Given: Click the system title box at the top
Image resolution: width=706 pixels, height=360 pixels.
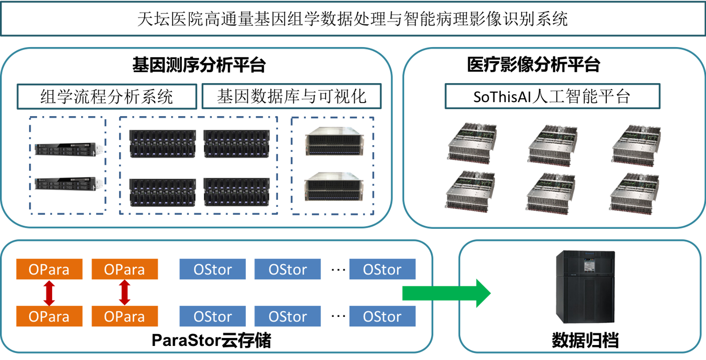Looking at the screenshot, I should (352, 20).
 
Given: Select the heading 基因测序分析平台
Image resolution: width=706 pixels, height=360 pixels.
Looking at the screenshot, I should (199, 65).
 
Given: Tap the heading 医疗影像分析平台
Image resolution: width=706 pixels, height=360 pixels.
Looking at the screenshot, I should (533, 65).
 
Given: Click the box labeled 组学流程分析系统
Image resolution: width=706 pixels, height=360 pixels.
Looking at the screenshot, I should (107, 96).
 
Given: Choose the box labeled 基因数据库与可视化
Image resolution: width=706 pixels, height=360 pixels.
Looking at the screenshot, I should (291, 96).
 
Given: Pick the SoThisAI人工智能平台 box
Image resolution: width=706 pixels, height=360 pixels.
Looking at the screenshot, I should (552, 96).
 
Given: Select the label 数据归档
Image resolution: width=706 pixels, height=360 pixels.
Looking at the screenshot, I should (585, 341).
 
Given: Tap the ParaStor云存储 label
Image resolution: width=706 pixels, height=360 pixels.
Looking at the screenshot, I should (211, 341).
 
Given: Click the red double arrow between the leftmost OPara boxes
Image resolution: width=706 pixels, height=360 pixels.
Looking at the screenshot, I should (49, 293).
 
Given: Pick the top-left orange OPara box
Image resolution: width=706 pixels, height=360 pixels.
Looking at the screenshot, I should (49, 269).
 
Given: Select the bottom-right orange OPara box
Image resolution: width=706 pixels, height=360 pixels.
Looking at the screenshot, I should (125, 316).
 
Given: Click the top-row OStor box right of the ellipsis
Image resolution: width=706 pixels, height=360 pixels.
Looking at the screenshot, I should (382, 269).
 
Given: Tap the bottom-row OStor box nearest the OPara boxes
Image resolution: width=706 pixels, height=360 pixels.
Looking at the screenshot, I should (212, 316).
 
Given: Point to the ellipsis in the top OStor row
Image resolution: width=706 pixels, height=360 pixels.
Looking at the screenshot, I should (338, 269).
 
